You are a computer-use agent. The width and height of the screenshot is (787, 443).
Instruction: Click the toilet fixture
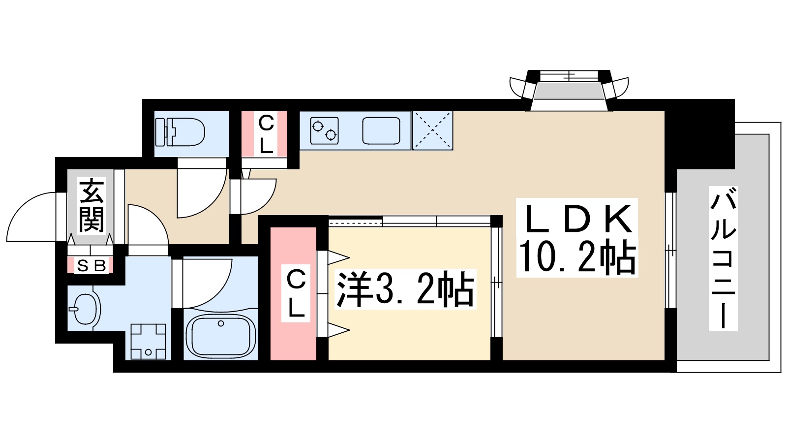(x=180, y=132)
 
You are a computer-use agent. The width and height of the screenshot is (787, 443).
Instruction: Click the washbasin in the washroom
(x=86, y=309)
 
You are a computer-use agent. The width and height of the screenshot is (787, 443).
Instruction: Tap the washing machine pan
(x=149, y=341)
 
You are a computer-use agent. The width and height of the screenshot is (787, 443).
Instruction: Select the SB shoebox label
(x=91, y=266)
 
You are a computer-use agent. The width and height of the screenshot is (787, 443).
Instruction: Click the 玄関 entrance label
(x=92, y=206)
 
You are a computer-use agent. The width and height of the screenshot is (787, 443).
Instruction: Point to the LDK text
(x=577, y=220)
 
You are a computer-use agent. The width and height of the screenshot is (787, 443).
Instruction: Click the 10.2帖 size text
(x=577, y=257)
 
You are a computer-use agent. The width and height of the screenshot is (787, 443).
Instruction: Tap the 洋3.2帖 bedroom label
(x=404, y=289)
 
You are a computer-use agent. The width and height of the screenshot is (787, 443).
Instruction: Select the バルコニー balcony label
(x=723, y=258)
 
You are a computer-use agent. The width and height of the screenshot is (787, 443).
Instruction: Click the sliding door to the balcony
(x=670, y=250)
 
